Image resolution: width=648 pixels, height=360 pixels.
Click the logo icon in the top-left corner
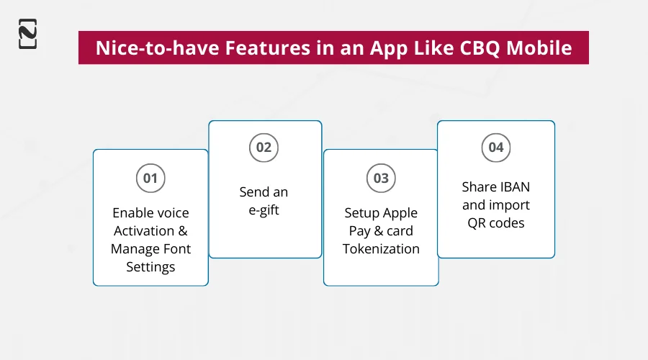tap(27, 34)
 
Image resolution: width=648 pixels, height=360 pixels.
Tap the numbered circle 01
tap(150, 178)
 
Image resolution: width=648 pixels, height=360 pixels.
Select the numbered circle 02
tap(264, 148)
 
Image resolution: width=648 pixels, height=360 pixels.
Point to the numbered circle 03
tap(381, 178)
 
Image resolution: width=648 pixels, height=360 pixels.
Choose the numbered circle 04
tap(496, 148)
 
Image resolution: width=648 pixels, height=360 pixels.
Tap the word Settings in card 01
tap(150, 267)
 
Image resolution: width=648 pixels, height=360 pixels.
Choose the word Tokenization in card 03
tap(381, 249)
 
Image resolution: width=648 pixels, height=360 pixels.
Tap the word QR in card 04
tap(478, 222)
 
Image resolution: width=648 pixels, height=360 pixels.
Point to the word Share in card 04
tap(479, 187)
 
